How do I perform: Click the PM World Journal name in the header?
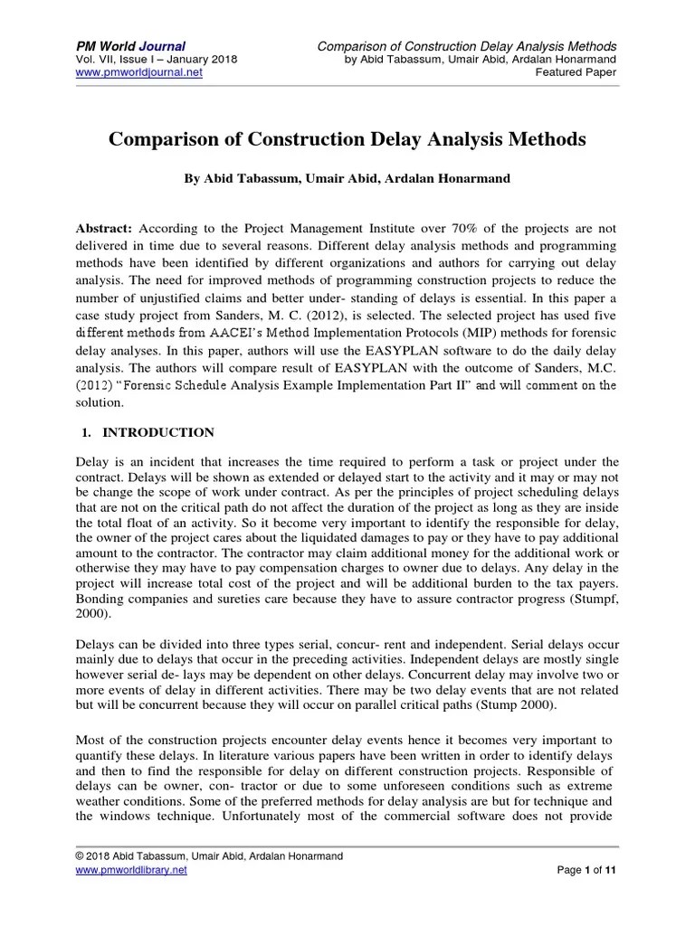point(130,46)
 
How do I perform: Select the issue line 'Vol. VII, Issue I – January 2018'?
point(156,60)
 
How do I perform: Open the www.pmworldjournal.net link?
point(138,73)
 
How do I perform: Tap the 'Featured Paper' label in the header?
point(576,73)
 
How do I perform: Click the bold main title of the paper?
point(347,140)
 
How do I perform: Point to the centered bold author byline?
point(347,179)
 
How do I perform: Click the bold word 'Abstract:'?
point(103,230)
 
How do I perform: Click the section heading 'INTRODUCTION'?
point(157,432)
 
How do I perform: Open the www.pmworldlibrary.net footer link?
point(131,869)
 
